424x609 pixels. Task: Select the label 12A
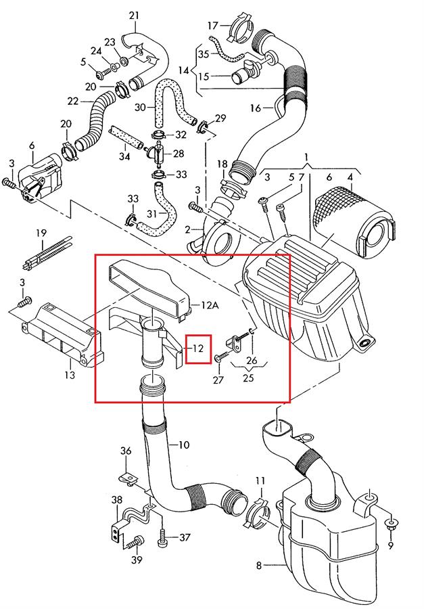(x=208, y=306)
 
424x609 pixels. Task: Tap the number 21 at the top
(x=134, y=16)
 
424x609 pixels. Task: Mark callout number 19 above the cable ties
(x=41, y=233)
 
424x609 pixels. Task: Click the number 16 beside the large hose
(x=255, y=108)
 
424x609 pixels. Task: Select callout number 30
(x=140, y=108)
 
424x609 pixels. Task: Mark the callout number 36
(x=126, y=451)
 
